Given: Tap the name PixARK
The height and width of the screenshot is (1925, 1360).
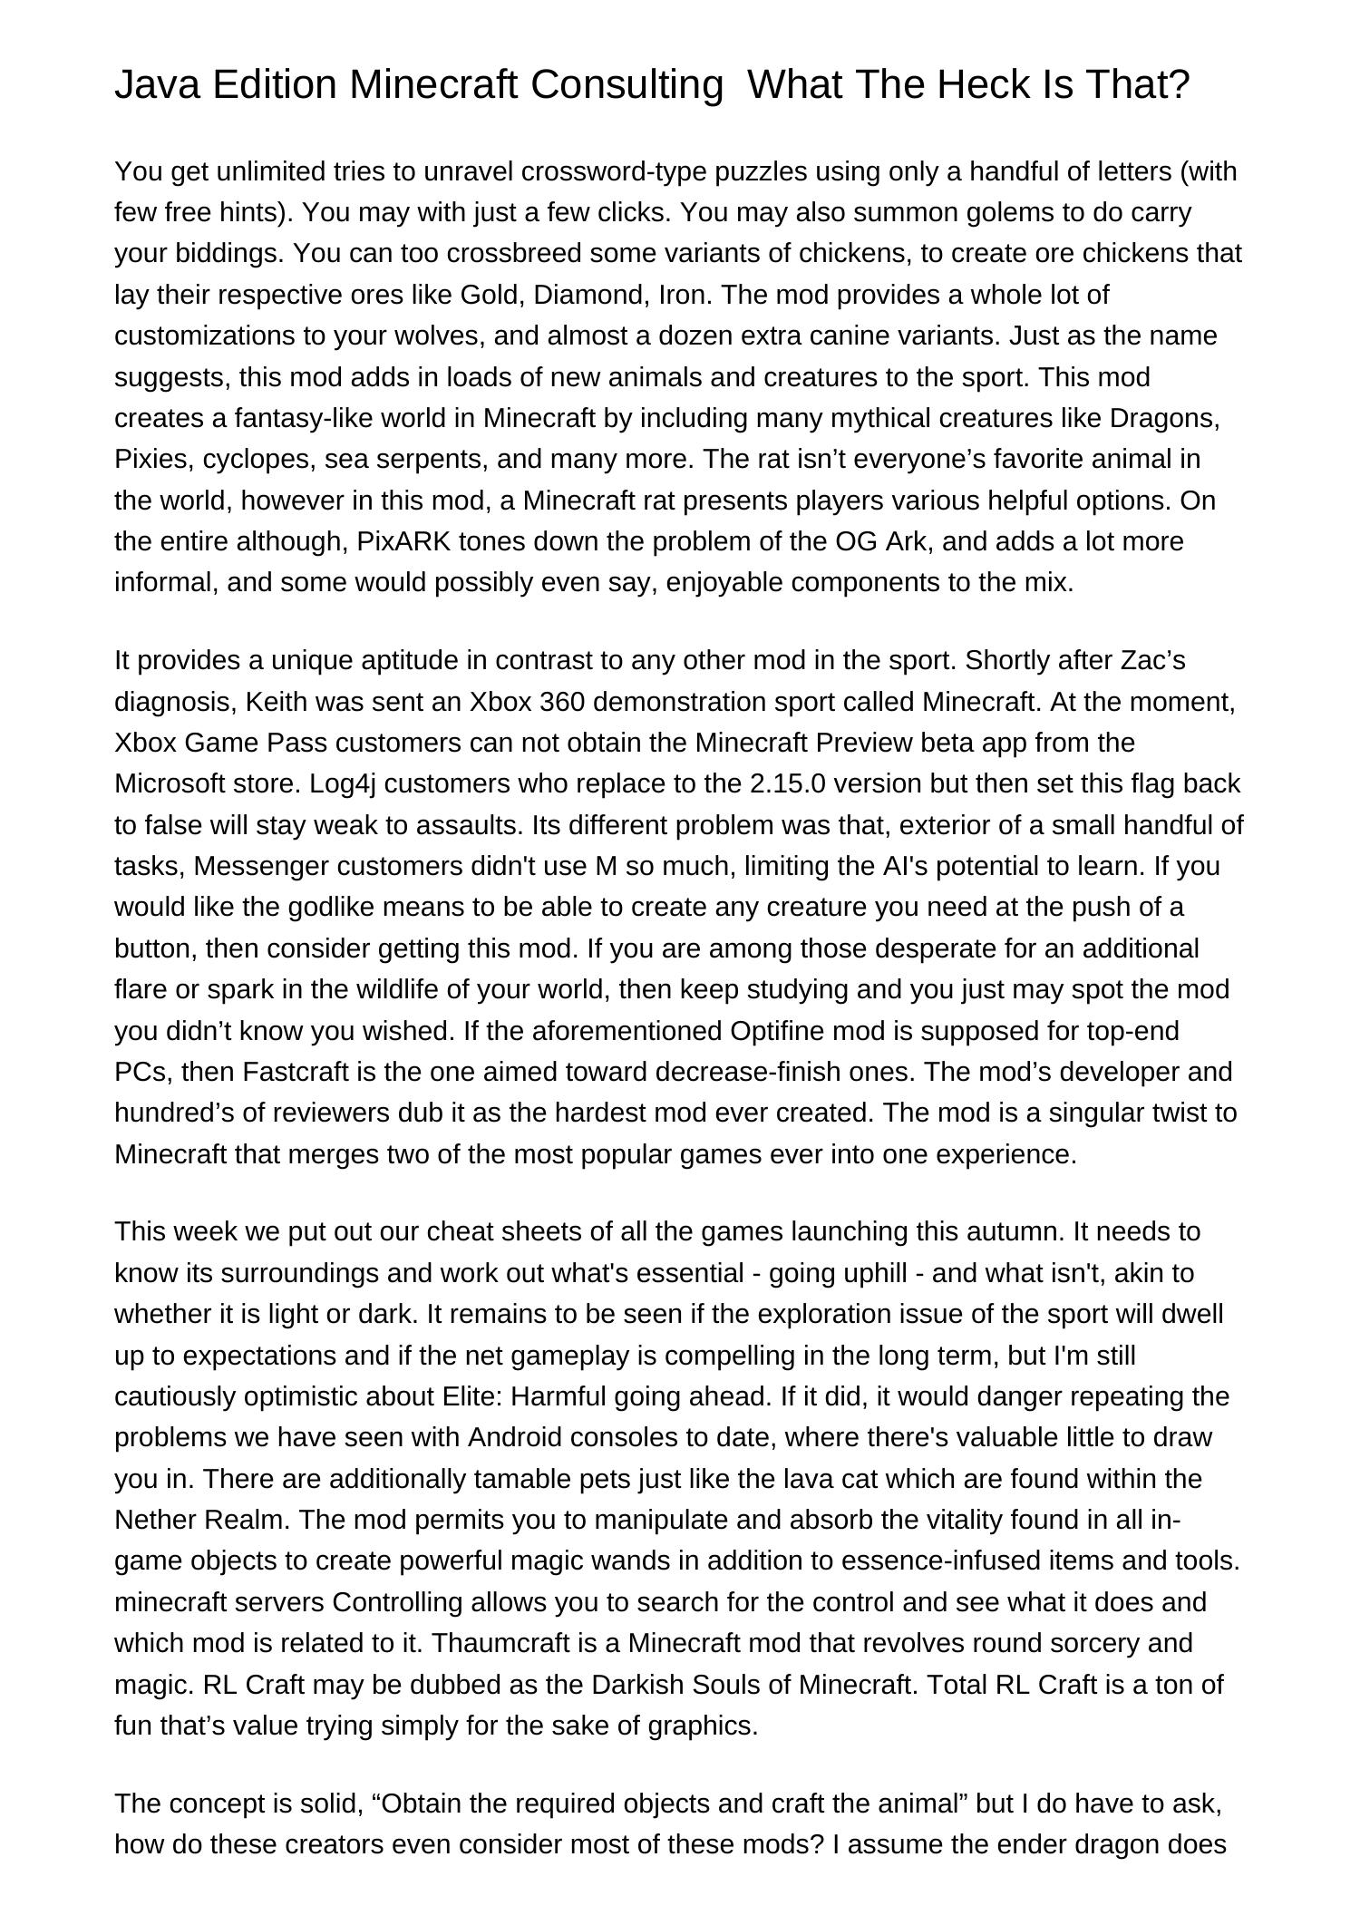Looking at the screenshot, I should [x=403, y=541].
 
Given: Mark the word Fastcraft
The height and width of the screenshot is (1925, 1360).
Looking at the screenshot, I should [x=296, y=1072].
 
